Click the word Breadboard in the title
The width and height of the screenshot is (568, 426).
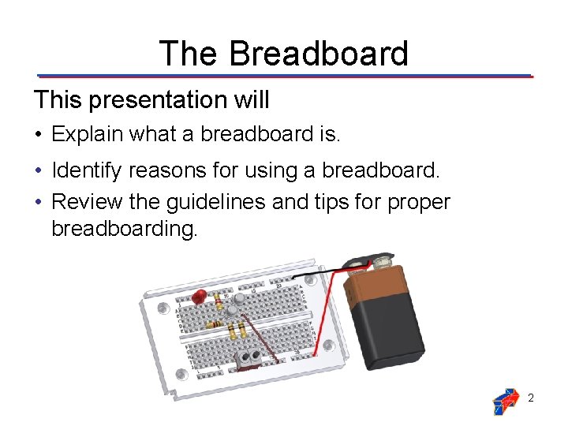pyautogui.click(x=319, y=53)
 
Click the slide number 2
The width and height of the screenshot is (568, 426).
pyautogui.click(x=531, y=398)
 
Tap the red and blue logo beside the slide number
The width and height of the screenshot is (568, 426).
pyautogui.click(x=505, y=401)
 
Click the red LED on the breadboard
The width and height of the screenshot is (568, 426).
pyautogui.click(x=200, y=297)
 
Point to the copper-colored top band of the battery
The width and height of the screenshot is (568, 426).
pyautogui.click(x=371, y=288)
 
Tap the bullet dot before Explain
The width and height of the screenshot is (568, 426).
pyautogui.click(x=39, y=135)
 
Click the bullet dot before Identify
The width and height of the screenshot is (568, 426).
pyautogui.click(x=39, y=170)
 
